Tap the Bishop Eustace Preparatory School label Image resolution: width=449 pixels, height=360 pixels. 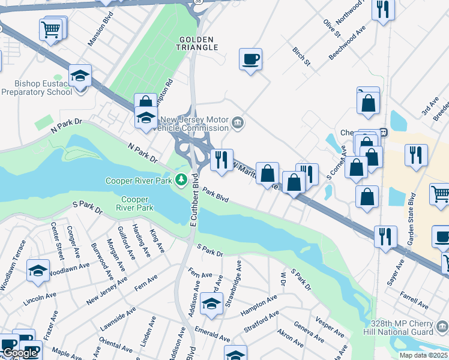[x=37, y=88]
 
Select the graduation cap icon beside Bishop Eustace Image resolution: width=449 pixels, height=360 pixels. [x=79, y=76]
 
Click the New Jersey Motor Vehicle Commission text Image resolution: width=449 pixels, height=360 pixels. [x=193, y=124]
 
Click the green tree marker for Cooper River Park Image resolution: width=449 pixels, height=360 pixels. [x=181, y=179]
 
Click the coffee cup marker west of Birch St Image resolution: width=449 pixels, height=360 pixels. [x=250, y=59]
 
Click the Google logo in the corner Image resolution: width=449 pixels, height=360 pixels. [x=20, y=353]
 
